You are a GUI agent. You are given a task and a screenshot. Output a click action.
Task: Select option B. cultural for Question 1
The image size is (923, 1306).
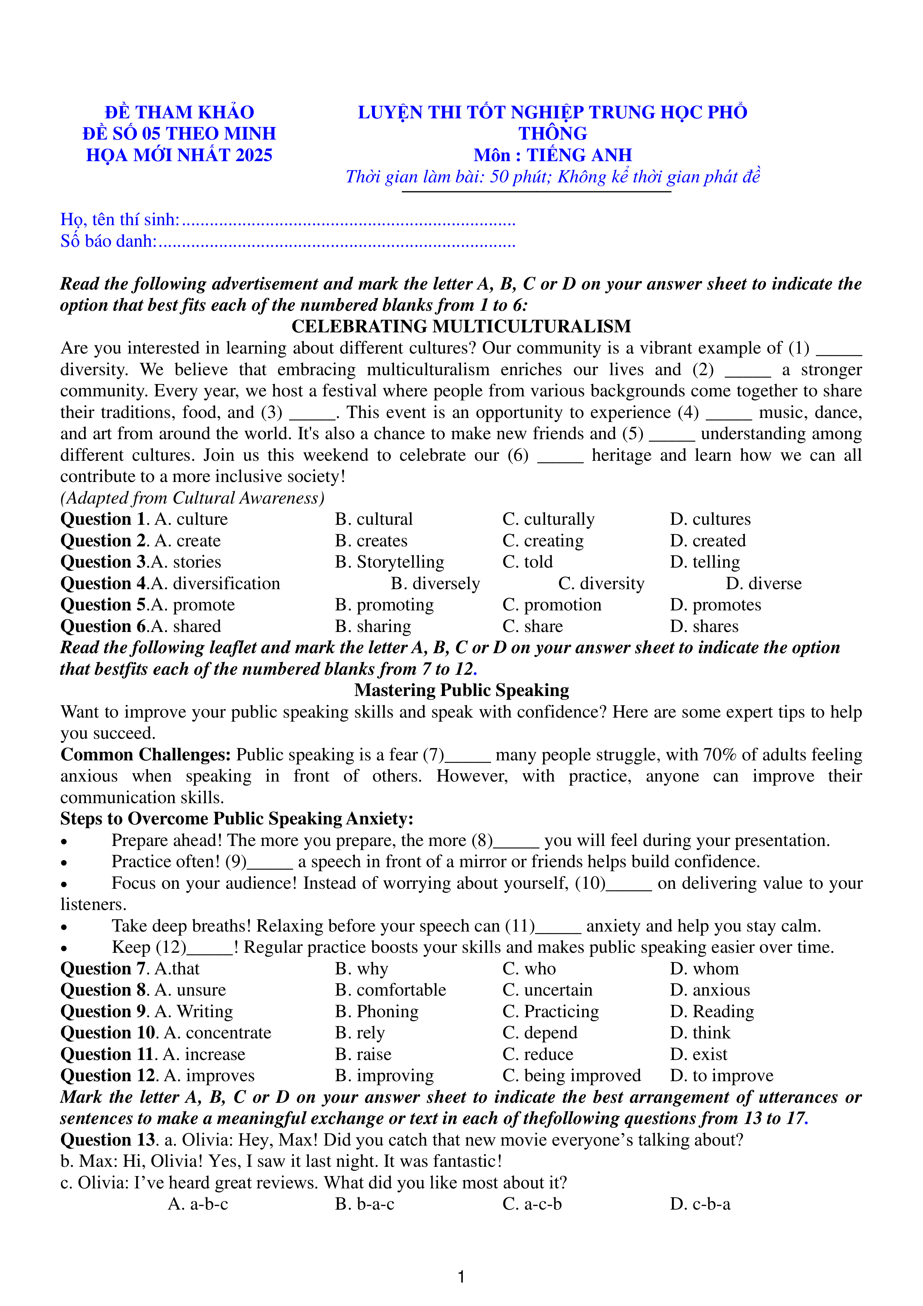click(x=373, y=519)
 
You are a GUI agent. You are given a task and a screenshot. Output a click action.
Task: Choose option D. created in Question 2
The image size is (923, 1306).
click(x=708, y=541)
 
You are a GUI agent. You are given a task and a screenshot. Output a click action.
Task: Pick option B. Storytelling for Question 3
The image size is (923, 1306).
click(x=389, y=562)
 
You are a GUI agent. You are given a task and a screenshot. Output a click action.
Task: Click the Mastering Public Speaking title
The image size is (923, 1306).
click(x=461, y=690)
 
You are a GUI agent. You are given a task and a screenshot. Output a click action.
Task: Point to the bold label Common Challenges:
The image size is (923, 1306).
click(x=145, y=755)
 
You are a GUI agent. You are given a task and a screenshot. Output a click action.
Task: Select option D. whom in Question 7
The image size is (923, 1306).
click(x=704, y=969)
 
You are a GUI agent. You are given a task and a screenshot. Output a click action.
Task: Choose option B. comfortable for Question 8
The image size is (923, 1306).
click(x=390, y=990)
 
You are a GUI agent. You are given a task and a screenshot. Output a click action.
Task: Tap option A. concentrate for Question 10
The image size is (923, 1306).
click(x=217, y=1033)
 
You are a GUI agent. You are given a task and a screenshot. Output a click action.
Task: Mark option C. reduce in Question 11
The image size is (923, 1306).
click(x=538, y=1054)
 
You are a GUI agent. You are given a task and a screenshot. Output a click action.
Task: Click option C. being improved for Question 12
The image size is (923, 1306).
click(x=571, y=1076)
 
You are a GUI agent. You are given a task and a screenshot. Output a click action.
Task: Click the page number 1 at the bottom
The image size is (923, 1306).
click(x=461, y=1277)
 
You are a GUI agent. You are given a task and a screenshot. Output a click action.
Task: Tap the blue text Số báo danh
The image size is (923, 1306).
click(x=108, y=241)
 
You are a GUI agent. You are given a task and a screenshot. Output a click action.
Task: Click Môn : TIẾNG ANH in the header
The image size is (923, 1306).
click(x=552, y=155)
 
